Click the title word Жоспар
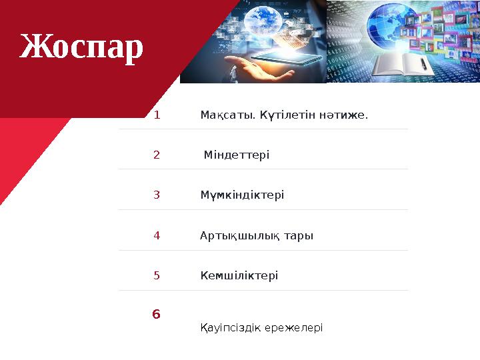tap(81, 47)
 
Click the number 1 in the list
tap(157, 115)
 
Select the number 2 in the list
tap(157, 155)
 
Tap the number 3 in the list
tap(157, 195)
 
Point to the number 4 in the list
tap(157, 235)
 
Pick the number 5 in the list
tap(157, 275)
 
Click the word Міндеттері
tap(237, 155)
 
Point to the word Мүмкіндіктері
tap(242, 195)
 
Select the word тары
tap(299, 236)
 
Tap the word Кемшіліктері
tap(239, 275)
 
